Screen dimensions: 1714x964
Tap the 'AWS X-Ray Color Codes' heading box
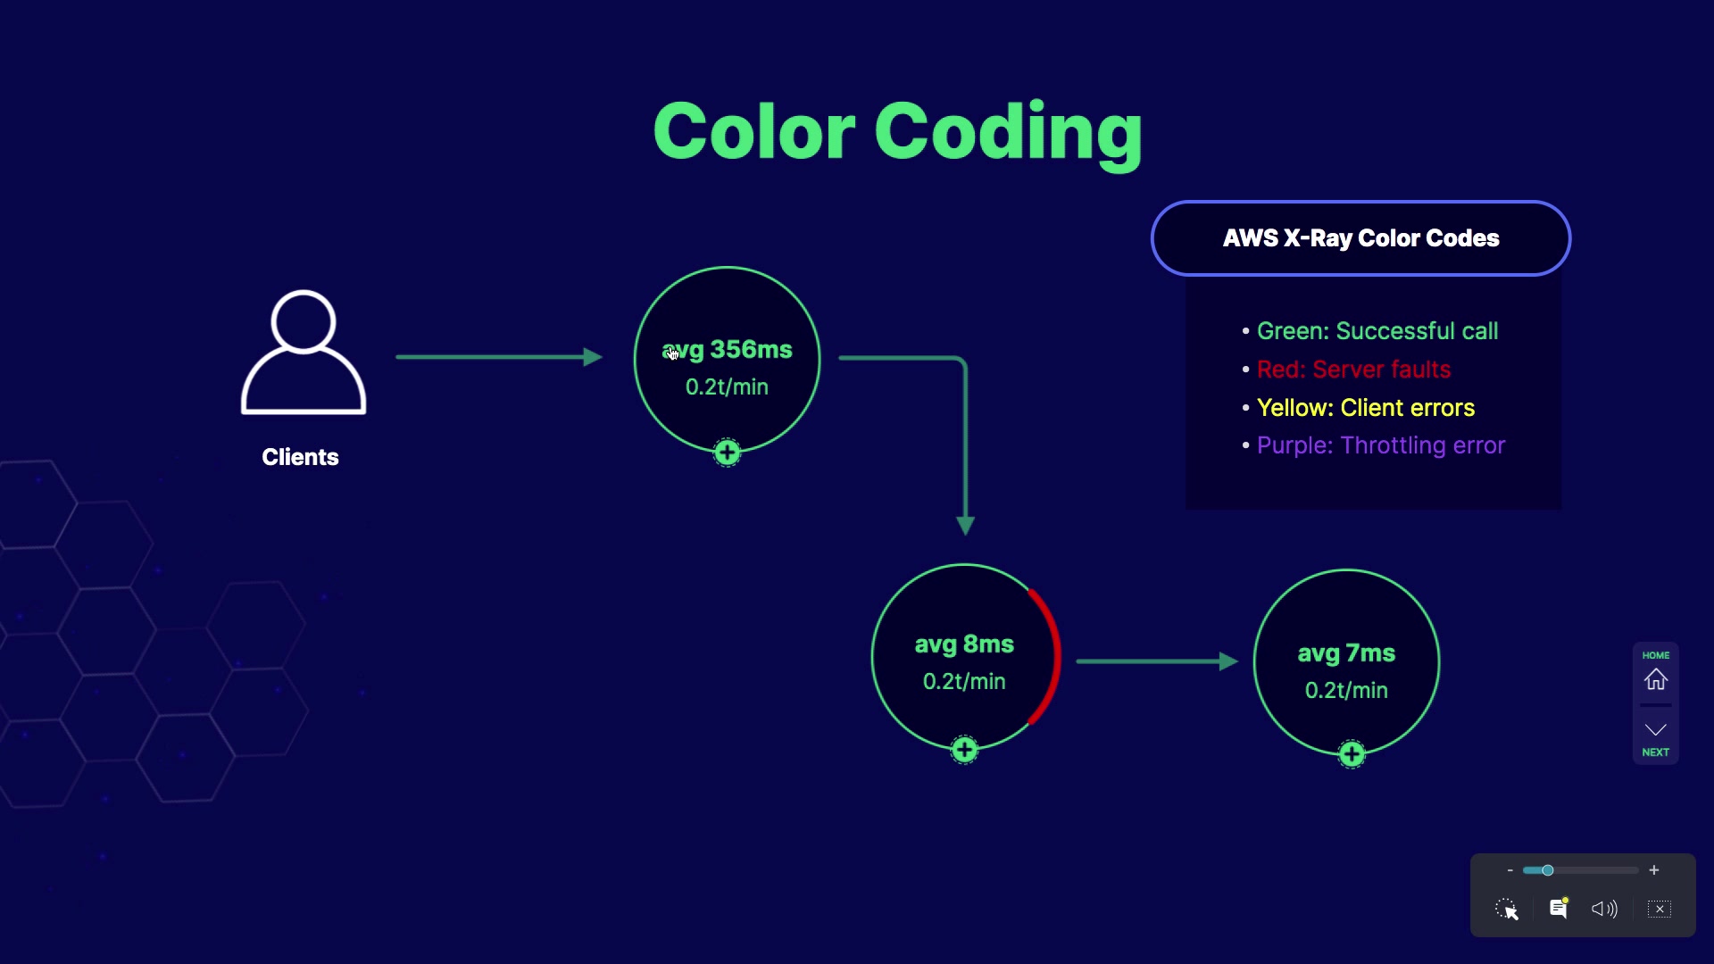(x=1360, y=238)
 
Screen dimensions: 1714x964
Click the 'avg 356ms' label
(x=727, y=350)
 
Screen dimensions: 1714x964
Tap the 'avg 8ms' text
(x=964, y=644)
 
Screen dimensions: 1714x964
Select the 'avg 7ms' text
(x=1346, y=653)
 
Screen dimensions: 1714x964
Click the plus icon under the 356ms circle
(x=728, y=453)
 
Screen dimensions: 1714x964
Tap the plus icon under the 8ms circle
(x=964, y=750)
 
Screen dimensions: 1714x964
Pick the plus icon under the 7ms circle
(x=1352, y=754)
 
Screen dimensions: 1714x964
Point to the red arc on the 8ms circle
(x=1057, y=656)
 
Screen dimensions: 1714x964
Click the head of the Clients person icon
(x=304, y=321)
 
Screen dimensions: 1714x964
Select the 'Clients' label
(x=300, y=457)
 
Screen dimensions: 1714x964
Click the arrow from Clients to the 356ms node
(x=499, y=357)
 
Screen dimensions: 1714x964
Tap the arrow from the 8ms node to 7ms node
(x=1157, y=661)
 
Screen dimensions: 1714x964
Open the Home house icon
(x=1656, y=679)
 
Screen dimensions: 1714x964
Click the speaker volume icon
(x=1604, y=909)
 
